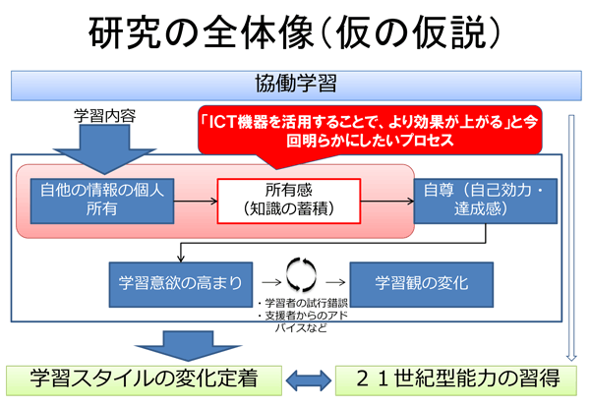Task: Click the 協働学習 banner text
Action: [x=294, y=85]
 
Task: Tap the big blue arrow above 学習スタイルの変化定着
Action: [x=174, y=344]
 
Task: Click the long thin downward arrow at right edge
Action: [x=574, y=236]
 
